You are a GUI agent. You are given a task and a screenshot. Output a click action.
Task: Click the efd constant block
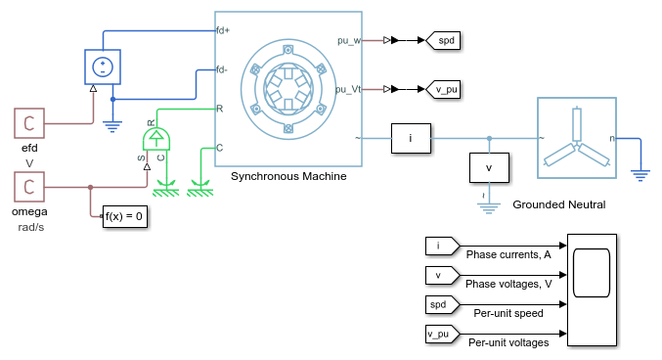pos(29,123)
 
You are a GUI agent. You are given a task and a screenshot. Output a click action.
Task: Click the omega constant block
pos(29,187)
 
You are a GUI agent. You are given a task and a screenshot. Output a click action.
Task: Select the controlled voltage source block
pos(103,67)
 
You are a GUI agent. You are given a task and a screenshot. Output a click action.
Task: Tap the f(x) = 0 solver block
pos(125,216)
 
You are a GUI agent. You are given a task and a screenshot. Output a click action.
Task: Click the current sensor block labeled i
pos(411,138)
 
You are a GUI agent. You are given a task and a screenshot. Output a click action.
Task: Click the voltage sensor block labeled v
pos(489,167)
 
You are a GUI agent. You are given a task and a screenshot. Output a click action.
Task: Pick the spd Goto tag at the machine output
pos(443,40)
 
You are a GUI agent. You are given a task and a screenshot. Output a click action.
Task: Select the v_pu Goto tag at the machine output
pos(443,90)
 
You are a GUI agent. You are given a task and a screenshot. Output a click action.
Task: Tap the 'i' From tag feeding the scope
pos(442,246)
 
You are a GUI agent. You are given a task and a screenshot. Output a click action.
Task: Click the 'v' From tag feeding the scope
pos(442,276)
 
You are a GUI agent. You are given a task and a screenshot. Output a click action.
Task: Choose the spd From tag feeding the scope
pos(442,304)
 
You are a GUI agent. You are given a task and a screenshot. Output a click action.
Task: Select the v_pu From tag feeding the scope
pos(442,335)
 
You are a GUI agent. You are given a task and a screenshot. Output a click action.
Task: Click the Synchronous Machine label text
pos(288,176)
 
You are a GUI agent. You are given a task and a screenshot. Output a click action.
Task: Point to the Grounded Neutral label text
pos(559,204)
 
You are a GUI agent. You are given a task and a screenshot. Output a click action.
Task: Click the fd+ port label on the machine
pos(223,30)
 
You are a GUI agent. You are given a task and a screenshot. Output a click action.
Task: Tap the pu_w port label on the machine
pos(349,41)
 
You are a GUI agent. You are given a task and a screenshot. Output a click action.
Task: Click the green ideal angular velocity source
pos(156,139)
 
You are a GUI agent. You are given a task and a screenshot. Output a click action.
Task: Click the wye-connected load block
pos(577,138)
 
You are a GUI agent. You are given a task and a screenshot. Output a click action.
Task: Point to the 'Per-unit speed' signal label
pos(508,313)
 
